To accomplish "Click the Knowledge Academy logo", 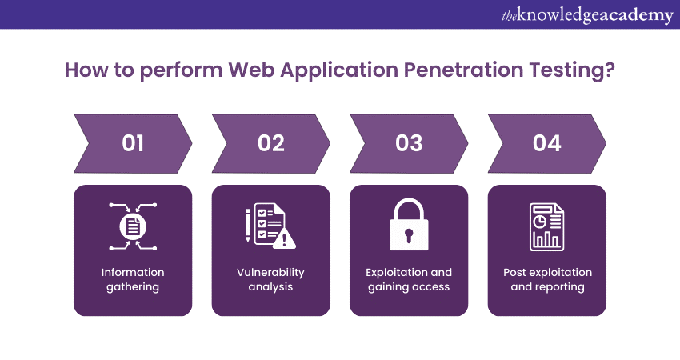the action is click(587, 16).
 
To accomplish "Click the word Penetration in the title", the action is click(463, 70).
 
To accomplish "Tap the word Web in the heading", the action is click(251, 70).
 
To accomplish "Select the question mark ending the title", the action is click(610, 70).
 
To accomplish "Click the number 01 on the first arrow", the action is click(133, 143).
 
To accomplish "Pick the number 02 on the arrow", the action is click(271, 143).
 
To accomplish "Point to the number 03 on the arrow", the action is click(409, 143).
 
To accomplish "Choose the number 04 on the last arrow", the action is click(547, 143).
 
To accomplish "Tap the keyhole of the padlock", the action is click(409, 235).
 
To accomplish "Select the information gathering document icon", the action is click(133, 226).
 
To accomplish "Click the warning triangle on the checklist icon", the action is click(285, 238).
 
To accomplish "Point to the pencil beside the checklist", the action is click(248, 225).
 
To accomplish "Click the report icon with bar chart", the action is click(547, 227).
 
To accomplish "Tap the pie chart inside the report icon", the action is click(539, 222).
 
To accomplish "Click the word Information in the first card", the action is click(133, 272).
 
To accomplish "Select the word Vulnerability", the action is click(270, 273).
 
